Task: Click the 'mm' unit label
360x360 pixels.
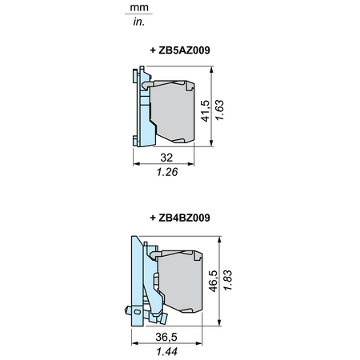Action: pos(139,8)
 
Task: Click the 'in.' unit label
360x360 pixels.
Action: pos(138,22)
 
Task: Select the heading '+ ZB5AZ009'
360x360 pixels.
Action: pos(180,50)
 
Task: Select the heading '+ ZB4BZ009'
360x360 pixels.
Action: pos(180,218)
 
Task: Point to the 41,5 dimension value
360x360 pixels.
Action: pos(206,111)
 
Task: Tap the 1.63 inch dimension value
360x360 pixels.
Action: pos(219,110)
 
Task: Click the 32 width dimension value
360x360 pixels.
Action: pos(166,158)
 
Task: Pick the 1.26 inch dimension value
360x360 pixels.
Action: pos(167,172)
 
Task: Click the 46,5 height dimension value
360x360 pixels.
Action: pos(214,281)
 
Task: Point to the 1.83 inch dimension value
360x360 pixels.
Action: pos(228,280)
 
